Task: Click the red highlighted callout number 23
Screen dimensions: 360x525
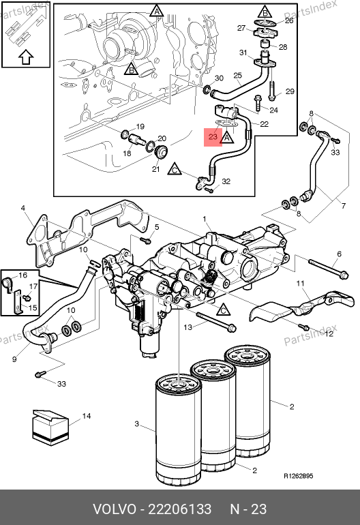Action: click(213, 136)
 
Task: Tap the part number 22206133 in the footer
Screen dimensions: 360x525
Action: click(180, 509)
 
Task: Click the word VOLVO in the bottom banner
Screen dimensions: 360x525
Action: click(114, 509)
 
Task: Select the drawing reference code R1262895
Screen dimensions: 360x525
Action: click(299, 476)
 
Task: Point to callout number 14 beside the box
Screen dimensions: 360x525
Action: click(87, 416)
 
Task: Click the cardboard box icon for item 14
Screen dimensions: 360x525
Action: click(50, 427)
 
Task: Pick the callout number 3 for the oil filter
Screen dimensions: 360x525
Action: click(136, 424)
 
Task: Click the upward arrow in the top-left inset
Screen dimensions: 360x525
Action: click(26, 57)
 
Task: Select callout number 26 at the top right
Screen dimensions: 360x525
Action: click(289, 20)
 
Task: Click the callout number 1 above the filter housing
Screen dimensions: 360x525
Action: click(205, 220)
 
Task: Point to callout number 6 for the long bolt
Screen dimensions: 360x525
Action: click(339, 254)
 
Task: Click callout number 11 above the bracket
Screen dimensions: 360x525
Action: click(300, 283)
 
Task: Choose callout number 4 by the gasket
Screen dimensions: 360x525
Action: click(22, 208)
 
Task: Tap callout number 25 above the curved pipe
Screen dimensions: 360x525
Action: click(237, 75)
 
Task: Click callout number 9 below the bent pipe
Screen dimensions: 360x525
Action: click(14, 359)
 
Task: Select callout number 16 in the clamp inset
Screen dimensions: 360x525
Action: click(22, 275)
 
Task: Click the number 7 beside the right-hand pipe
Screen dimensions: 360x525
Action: click(344, 206)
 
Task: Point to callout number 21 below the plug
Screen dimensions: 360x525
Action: click(155, 169)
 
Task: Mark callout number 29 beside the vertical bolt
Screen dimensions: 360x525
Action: click(290, 91)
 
